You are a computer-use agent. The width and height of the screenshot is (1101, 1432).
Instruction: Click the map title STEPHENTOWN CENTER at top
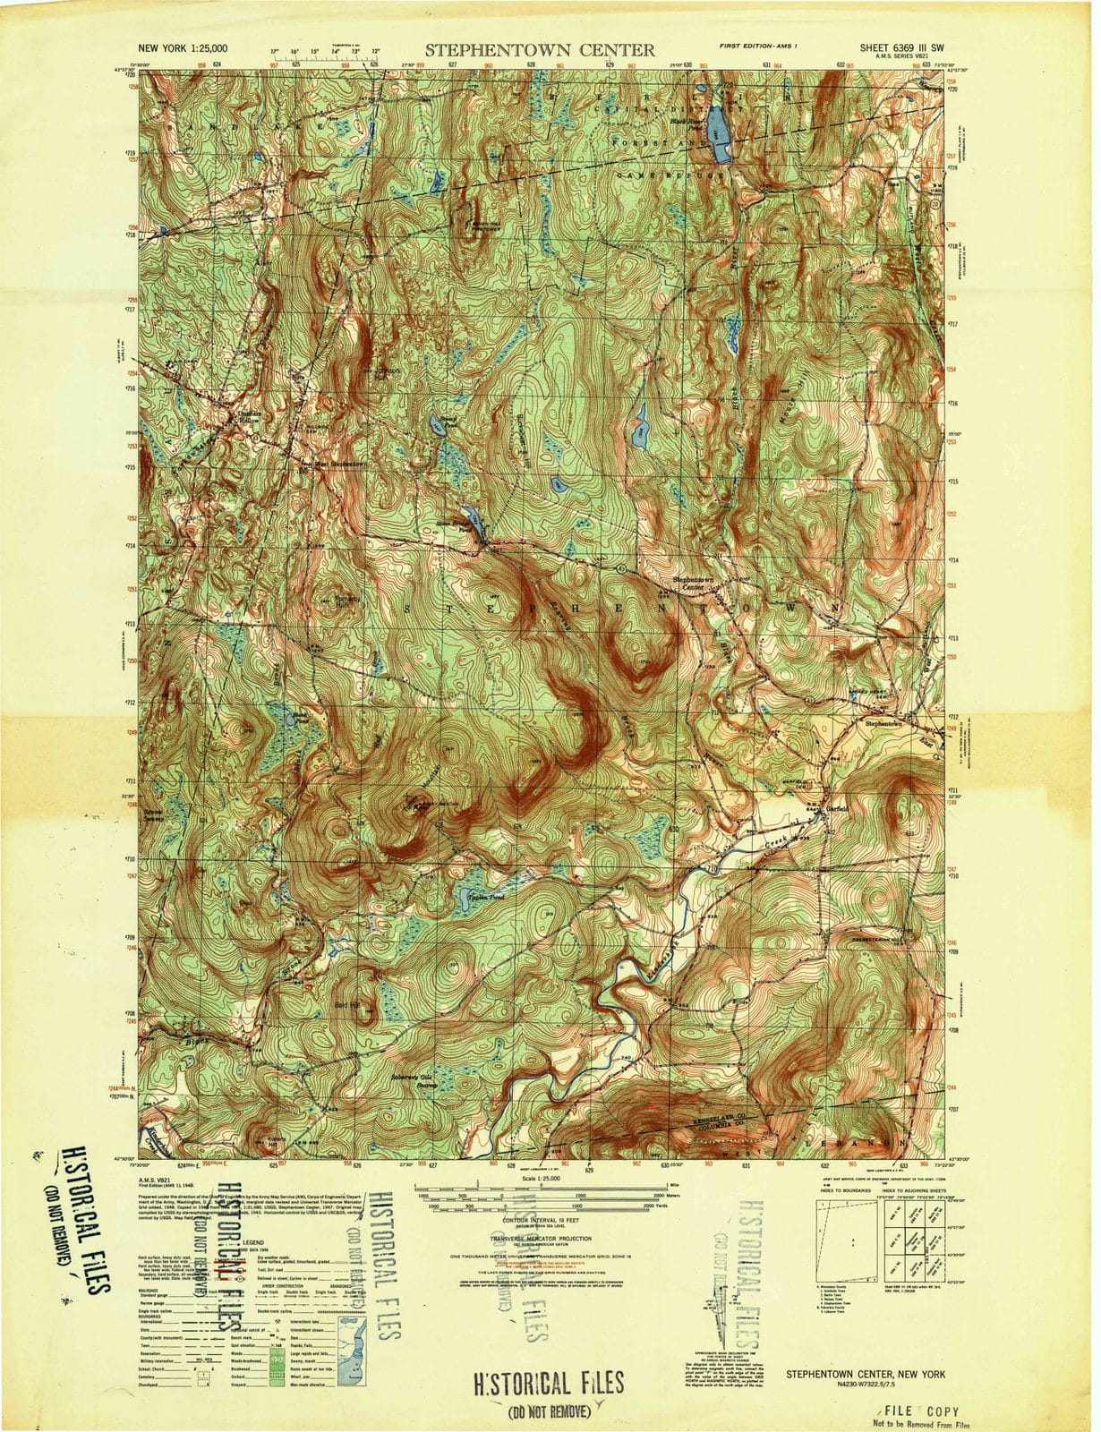click(x=539, y=50)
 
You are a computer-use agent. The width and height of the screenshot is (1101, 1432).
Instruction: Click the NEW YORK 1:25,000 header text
click(x=182, y=49)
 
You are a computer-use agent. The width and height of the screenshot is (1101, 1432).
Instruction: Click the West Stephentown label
click(x=338, y=465)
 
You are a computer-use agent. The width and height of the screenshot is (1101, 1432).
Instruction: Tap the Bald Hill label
click(x=342, y=1006)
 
